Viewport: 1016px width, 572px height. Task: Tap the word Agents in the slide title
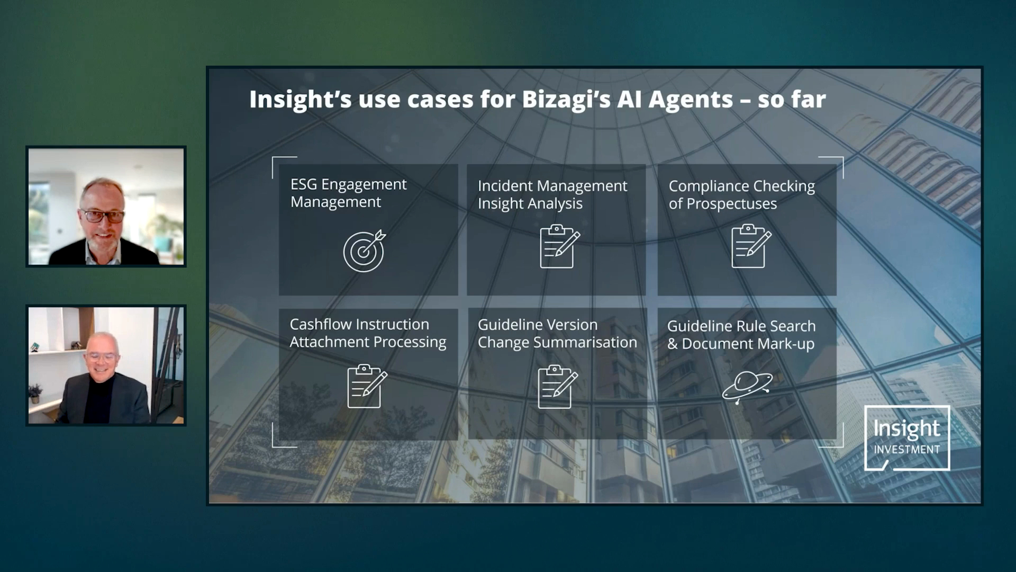[x=691, y=100]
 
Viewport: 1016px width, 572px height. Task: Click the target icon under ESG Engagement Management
[x=364, y=251]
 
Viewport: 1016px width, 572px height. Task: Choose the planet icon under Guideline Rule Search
[x=747, y=387]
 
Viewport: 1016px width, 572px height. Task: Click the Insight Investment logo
[x=907, y=438]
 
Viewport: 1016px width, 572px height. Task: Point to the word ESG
[x=304, y=184]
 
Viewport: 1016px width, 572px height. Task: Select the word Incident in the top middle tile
[x=502, y=186]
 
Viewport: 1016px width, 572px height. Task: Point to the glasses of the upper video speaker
[x=103, y=216]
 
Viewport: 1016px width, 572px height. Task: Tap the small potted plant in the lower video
[x=35, y=394]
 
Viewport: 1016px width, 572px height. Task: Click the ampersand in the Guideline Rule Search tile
[x=672, y=344]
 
